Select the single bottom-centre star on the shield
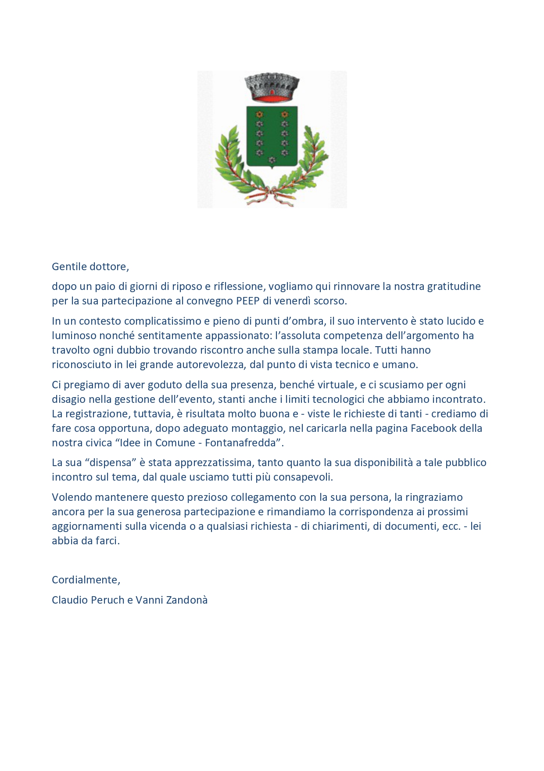click(x=272, y=159)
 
